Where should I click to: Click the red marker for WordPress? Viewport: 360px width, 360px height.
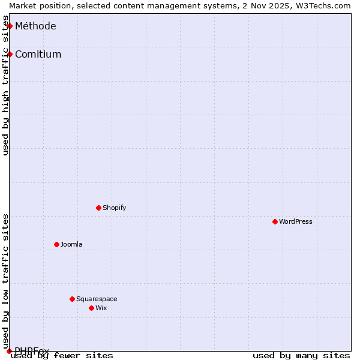coord(275,221)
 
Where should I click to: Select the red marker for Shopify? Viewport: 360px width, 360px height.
coord(99,208)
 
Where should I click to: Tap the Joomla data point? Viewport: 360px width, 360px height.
coord(57,244)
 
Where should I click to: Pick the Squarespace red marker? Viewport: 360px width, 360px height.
coord(73,299)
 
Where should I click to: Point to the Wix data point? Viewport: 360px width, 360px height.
coord(92,308)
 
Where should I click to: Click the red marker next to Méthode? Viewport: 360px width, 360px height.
coord(10,26)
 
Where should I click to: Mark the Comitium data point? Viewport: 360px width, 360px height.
coord(10,54)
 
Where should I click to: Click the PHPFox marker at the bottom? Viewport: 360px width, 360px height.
coord(9,351)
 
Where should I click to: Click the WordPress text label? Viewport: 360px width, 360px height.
coord(296,221)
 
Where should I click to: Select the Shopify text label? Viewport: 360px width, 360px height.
coord(115,208)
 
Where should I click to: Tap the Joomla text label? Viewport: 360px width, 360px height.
coord(71,244)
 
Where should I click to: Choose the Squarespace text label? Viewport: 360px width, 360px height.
coord(97,299)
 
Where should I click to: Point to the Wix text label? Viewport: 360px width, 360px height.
coord(101,308)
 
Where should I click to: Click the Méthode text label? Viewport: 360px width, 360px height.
coord(35,26)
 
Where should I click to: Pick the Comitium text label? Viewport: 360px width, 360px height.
coord(38,54)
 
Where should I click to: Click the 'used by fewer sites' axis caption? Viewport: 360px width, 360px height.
coord(62,355)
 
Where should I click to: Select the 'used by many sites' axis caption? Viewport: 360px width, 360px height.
coord(301,355)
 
